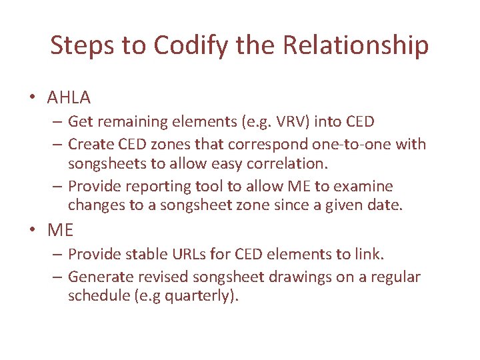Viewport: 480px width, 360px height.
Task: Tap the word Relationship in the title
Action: click(x=356, y=45)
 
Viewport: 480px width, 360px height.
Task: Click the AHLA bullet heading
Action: click(x=69, y=97)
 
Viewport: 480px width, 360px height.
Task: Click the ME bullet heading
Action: click(x=60, y=230)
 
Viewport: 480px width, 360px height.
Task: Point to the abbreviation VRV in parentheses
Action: click(x=291, y=122)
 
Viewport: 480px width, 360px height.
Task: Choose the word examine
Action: click(x=365, y=186)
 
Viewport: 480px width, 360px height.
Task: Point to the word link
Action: click(x=369, y=254)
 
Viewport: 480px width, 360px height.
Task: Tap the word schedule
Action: click(x=95, y=296)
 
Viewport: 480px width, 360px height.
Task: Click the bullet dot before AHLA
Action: click(x=32, y=98)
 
